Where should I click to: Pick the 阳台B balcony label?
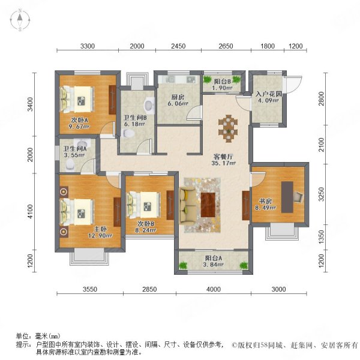[222, 82]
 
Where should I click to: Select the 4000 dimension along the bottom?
[214, 289]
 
